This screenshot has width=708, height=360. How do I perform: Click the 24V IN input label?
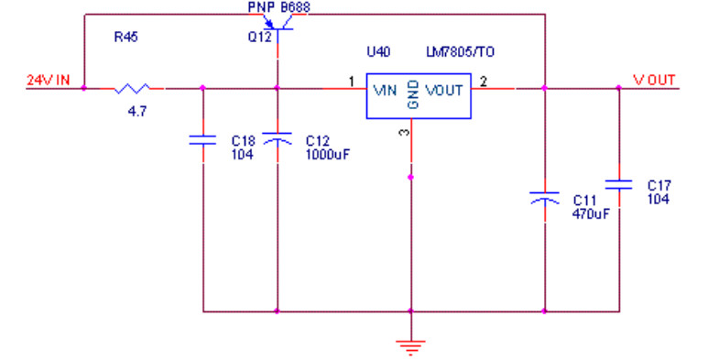point(49,81)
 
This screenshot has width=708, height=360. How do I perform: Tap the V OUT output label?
point(654,81)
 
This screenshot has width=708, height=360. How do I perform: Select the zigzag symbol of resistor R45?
point(132,88)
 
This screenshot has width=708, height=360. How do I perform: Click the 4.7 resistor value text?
point(137,112)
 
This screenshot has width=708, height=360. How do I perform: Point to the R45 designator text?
point(126,37)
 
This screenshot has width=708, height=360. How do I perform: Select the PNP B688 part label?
point(279,6)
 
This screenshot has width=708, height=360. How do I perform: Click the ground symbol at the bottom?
point(411,346)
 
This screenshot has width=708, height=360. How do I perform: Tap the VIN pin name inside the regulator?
point(386,91)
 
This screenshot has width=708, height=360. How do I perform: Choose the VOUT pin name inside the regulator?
point(444,91)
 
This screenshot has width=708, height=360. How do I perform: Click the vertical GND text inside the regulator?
point(413,94)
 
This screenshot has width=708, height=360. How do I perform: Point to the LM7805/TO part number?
point(460,52)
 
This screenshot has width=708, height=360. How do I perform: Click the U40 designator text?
point(378,52)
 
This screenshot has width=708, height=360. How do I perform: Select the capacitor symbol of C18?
point(202,140)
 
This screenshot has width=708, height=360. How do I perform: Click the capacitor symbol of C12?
point(278,138)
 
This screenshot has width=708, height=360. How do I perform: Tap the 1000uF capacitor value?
point(327,155)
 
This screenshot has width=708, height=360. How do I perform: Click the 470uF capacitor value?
point(591,213)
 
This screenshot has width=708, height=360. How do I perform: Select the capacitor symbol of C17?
point(618,184)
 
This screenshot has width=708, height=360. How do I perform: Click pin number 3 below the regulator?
point(405,132)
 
